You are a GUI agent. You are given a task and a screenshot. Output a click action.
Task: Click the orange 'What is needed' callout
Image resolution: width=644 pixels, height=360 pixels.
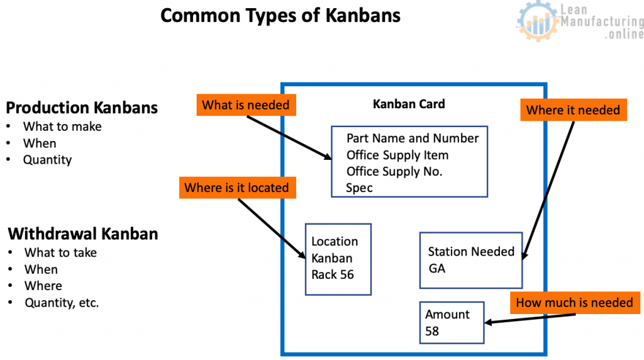click(246, 105)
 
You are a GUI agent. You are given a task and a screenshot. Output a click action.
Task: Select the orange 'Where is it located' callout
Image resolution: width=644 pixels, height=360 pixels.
click(237, 188)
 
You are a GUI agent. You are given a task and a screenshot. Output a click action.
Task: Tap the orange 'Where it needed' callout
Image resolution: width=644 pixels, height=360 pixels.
click(574, 110)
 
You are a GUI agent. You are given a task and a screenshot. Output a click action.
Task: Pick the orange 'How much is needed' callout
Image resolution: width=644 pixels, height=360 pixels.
click(575, 303)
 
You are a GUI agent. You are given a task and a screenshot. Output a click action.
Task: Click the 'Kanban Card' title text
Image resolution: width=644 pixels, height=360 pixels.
click(409, 104)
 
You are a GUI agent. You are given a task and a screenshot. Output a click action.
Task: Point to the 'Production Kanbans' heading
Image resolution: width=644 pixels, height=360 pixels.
click(82, 108)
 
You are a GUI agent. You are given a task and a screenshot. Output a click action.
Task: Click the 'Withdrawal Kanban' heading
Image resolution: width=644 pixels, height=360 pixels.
click(83, 234)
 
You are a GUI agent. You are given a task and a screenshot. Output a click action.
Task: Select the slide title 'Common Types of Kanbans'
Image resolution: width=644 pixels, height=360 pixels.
click(280, 16)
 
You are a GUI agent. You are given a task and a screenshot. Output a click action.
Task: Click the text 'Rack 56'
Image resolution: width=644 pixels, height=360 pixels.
click(332, 274)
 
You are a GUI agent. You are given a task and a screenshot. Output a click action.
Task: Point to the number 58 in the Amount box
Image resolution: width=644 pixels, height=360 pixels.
click(432, 331)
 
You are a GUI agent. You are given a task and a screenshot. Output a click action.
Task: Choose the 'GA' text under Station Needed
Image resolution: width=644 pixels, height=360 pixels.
click(436, 269)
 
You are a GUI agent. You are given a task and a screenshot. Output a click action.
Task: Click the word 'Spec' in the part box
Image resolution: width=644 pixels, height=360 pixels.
click(359, 188)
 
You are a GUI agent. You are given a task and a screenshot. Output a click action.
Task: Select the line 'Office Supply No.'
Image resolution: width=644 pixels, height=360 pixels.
click(394, 171)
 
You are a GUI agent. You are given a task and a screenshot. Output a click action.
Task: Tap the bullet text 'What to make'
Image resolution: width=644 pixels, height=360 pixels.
click(62, 127)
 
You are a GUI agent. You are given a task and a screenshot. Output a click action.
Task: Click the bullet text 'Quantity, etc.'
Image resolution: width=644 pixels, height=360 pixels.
click(62, 303)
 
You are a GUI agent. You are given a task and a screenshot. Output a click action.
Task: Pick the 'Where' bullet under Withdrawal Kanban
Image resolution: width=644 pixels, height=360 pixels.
click(43, 286)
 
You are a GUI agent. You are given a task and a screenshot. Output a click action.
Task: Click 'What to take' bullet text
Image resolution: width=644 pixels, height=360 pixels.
click(61, 252)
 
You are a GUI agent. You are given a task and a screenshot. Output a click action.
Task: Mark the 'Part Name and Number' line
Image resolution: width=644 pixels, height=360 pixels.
click(413, 138)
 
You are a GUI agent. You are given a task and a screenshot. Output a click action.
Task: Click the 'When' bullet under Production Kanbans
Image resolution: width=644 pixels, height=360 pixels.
click(40, 143)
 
